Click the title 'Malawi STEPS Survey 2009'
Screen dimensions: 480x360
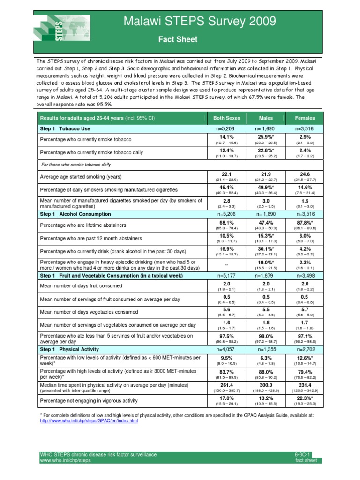tap(199, 21)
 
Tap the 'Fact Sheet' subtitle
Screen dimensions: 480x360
tap(177, 39)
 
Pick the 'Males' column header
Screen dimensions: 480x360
tap(266, 118)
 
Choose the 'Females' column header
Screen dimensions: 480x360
tap(305, 118)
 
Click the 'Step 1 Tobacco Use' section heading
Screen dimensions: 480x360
tap(66, 128)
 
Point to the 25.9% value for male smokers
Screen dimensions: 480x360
tap(266, 137)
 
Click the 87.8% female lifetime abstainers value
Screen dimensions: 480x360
tap(305, 222)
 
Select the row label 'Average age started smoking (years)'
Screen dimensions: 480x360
tap(81, 177)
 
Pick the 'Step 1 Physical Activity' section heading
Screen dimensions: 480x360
tap(69, 349)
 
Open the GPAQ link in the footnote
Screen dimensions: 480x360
tap(88, 421)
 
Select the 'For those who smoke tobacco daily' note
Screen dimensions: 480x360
tap(76, 165)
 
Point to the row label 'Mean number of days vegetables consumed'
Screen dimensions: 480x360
tap(89, 312)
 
